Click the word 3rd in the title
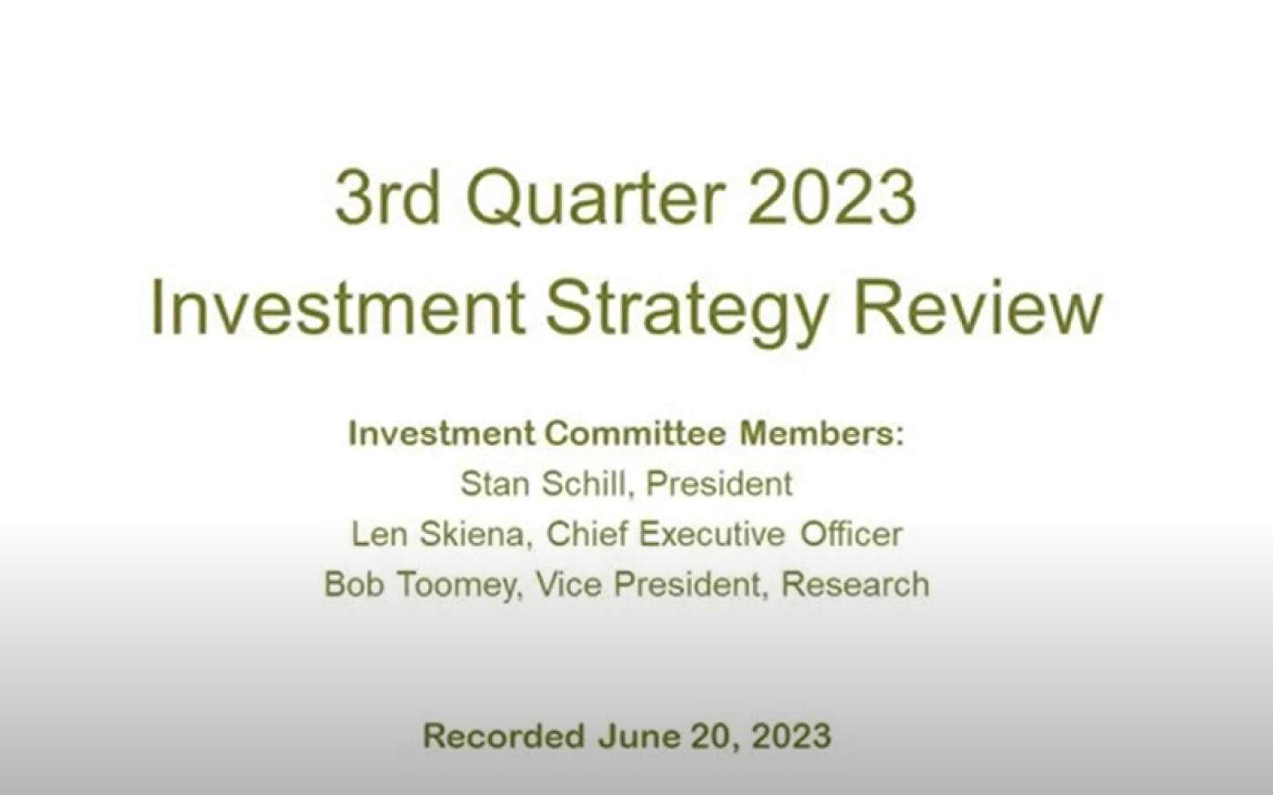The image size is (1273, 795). point(387,198)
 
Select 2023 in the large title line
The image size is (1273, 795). point(831,198)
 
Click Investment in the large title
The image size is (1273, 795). point(336,308)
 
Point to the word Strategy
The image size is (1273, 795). point(687,313)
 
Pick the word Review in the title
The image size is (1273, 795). point(978,308)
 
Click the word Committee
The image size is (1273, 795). point(636,433)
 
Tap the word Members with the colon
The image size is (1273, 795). point(822,433)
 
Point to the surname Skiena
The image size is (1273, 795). point(476,534)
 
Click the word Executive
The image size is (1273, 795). point(712,534)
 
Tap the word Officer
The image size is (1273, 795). point(851,534)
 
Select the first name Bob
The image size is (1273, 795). point(354,584)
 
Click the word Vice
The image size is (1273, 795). point(569,584)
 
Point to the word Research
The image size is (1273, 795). point(856,584)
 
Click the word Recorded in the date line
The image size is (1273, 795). point(504,736)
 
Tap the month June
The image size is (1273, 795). point(638,736)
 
